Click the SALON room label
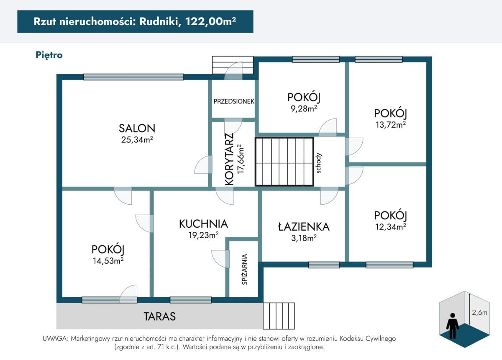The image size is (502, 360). click(x=137, y=128)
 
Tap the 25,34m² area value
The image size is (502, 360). click(x=137, y=139)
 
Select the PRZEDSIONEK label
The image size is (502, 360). click(x=234, y=102)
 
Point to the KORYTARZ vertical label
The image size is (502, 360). click(x=229, y=159)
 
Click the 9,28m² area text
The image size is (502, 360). click(x=304, y=108)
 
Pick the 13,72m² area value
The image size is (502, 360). click(x=391, y=125)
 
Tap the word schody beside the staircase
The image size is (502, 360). click(x=318, y=163)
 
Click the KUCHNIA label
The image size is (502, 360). click(x=203, y=224)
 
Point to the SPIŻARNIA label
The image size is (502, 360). click(x=245, y=270)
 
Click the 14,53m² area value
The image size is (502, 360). click(x=108, y=261)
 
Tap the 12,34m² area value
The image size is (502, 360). click(x=391, y=227)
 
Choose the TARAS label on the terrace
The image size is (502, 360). click(x=159, y=316)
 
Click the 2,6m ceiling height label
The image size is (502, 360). click(x=479, y=312)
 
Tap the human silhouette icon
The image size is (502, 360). click(x=453, y=326)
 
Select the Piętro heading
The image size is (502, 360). click(x=49, y=55)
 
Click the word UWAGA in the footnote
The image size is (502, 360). click(x=55, y=339)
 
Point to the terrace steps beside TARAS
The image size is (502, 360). click(x=279, y=316)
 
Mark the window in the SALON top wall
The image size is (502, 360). click(x=133, y=77)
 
